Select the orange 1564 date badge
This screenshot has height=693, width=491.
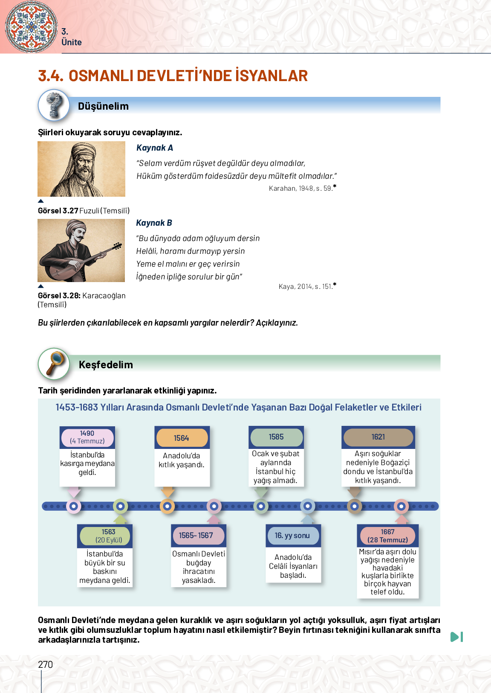[182, 438]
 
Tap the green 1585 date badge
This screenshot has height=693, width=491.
[276, 437]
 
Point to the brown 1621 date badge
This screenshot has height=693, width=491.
[378, 437]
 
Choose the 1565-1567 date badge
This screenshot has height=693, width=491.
[196, 536]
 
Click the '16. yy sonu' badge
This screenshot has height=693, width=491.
[292, 536]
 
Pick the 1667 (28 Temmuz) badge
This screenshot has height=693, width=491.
[388, 536]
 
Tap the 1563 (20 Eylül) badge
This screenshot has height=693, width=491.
[109, 536]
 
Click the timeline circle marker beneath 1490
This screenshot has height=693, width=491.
[74, 507]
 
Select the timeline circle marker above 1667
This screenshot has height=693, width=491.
[401, 507]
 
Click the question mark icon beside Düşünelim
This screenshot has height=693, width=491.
[54, 105]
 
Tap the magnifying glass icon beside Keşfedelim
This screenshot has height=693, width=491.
[54, 364]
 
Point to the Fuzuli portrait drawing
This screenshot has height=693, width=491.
[81, 169]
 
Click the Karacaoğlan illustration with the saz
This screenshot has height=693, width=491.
[81, 250]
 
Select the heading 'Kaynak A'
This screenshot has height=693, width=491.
[155, 148]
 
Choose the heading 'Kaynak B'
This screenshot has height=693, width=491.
[154, 223]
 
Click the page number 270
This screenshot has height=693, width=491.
[46, 664]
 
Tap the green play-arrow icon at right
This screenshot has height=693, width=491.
[456, 637]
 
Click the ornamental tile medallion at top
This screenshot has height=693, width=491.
[31, 26]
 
